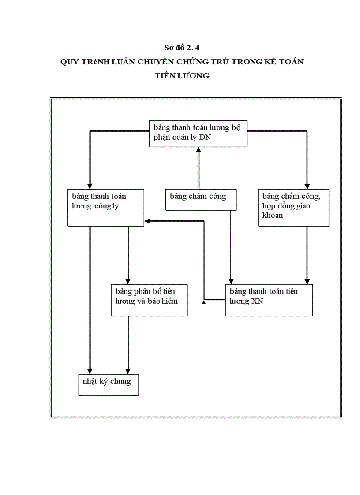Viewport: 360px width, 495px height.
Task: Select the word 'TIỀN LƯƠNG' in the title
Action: (182, 76)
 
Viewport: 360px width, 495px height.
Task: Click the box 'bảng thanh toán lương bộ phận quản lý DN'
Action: (198, 133)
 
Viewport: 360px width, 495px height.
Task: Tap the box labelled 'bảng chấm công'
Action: (201, 199)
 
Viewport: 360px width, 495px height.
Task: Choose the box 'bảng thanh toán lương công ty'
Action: (105, 207)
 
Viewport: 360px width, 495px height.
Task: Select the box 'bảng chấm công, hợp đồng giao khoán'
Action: (293, 207)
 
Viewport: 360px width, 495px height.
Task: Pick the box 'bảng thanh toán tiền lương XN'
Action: (269, 300)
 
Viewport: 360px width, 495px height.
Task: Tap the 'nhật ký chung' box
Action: (108, 384)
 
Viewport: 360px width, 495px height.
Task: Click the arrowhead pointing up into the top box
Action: (199, 150)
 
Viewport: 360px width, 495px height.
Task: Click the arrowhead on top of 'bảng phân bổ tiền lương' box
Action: (128, 281)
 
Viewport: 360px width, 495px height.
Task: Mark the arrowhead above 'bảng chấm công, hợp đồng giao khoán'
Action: (307, 186)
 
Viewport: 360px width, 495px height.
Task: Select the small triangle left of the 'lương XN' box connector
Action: (204, 302)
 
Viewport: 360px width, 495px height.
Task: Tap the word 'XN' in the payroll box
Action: (258, 301)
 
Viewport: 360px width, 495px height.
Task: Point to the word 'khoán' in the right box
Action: (273, 215)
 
